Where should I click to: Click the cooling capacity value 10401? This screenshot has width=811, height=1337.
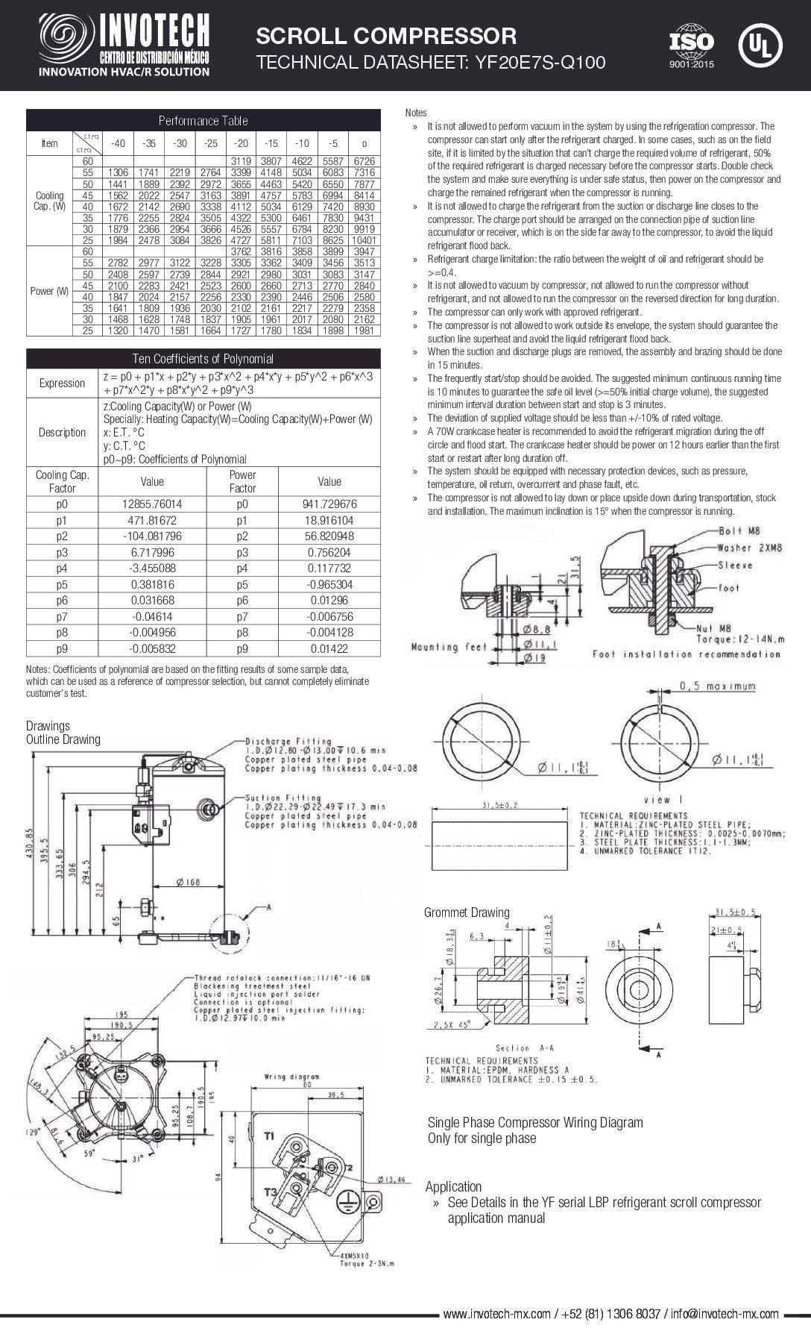point(365,240)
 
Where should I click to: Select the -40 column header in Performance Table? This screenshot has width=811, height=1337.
point(118,143)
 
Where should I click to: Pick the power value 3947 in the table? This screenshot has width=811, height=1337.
point(365,252)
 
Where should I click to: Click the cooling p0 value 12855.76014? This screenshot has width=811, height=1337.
point(152,504)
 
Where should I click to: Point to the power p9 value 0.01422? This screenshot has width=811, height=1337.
point(329,648)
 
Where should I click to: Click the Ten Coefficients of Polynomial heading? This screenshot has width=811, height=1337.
point(203,358)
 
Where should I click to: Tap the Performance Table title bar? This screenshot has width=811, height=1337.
point(203,120)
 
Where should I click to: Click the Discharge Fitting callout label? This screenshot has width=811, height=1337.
point(277,742)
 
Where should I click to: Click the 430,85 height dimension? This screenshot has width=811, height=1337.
point(31,843)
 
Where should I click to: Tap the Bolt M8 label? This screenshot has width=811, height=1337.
point(739,531)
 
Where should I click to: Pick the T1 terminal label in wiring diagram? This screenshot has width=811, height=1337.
point(269,1136)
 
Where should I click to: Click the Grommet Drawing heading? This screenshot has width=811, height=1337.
point(467,912)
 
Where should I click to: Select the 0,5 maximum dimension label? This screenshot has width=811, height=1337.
point(716,686)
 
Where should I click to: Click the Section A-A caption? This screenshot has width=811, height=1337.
point(525,1048)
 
